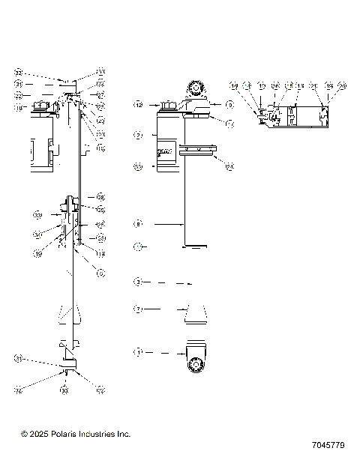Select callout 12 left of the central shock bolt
[x=138, y=105]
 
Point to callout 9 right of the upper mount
[x=229, y=105]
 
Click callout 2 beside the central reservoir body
[x=138, y=136]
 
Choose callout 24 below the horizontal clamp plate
[x=229, y=166]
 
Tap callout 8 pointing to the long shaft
[x=138, y=223]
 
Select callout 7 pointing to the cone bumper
[x=138, y=308]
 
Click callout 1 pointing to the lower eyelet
[x=138, y=351]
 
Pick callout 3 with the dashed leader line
[x=138, y=282]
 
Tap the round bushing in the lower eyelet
[x=197, y=365]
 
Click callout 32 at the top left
[x=19, y=73]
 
